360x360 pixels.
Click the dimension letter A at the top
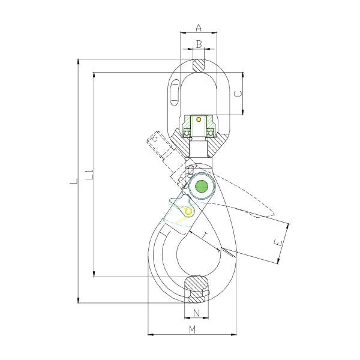coord(199,26)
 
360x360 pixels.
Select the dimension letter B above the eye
coord(199,44)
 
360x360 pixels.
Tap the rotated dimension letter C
coord(238,94)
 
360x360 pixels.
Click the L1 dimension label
coord(88,175)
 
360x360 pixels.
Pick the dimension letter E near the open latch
coord(277,243)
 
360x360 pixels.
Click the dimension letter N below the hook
coord(196,313)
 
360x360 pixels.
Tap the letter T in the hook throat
coord(205,233)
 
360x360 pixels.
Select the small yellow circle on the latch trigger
coord(189,211)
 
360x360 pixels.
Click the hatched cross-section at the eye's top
coord(199,64)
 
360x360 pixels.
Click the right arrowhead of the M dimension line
coord(236,334)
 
